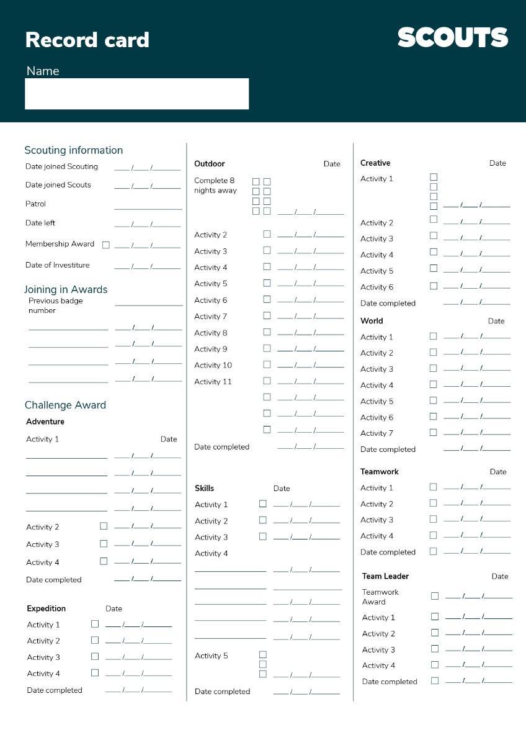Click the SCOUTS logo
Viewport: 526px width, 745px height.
[453, 38]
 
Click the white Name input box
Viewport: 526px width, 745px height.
[136, 94]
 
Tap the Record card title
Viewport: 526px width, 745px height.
[87, 40]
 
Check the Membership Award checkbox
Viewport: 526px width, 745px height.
[106, 245]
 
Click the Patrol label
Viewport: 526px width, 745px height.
[35, 204]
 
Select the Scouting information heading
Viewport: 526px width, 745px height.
[73, 150]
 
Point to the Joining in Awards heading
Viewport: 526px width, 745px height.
[66, 289]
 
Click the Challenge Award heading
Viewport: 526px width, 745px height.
[65, 405]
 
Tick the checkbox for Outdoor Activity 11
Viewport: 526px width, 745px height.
[267, 381]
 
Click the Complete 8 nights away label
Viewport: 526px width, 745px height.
[215, 186]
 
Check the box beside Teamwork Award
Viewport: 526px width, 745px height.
[435, 596]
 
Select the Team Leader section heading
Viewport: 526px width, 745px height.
[385, 576]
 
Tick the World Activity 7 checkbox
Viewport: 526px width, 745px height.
[433, 432]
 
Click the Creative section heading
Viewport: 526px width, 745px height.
[375, 163]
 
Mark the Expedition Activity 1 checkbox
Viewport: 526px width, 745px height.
[95, 624]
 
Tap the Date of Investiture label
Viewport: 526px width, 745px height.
[57, 265]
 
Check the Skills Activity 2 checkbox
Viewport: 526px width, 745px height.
[263, 520]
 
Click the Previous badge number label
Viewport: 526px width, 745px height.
[55, 305]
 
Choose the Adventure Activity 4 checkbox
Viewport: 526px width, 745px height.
[104, 561]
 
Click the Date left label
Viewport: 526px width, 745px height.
[40, 223]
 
